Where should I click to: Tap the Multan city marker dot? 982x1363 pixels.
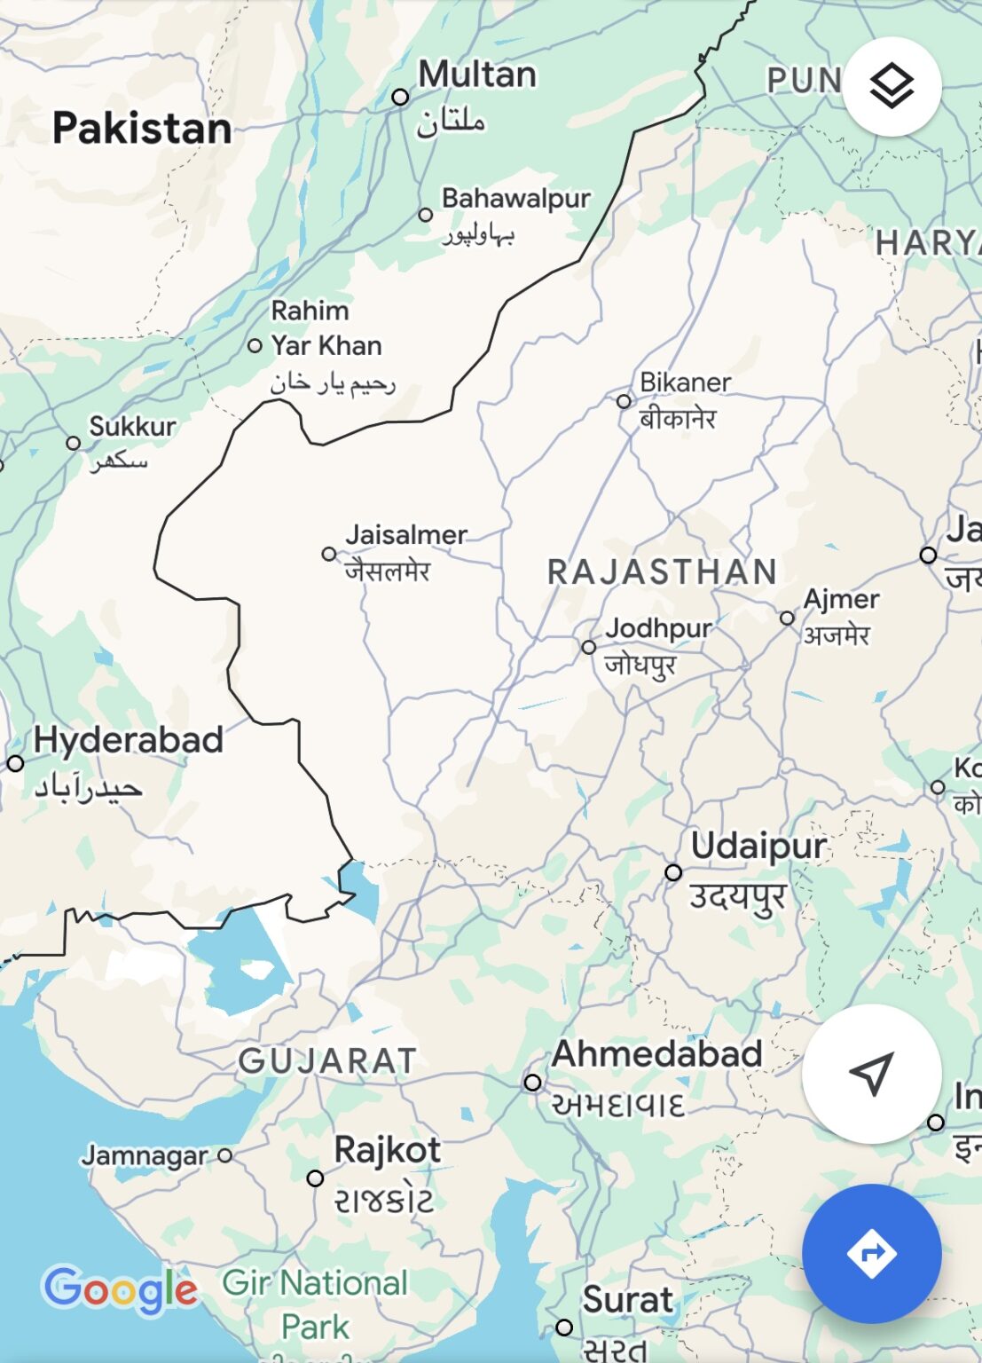pyautogui.click(x=400, y=97)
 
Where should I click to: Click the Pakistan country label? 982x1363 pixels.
pyautogui.click(x=142, y=129)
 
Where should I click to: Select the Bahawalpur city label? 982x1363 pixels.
pyautogui.click(x=515, y=198)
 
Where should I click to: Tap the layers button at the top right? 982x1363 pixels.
pyautogui.click(x=891, y=87)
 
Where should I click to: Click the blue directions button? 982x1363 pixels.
pyautogui.click(x=871, y=1253)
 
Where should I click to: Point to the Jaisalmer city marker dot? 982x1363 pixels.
pyautogui.click(x=329, y=554)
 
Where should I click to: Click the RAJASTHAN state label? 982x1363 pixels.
pyautogui.click(x=662, y=572)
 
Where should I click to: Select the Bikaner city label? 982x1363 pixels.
pyautogui.click(x=685, y=382)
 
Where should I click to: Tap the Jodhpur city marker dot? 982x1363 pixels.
pyautogui.click(x=589, y=647)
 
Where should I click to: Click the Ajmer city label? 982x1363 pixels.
pyautogui.click(x=841, y=600)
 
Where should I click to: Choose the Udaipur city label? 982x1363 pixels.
pyautogui.click(x=758, y=846)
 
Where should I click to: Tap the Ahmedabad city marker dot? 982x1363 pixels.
pyautogui.click(x=532, y=1082)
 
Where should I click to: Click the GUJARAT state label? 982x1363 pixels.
pyautogui.click(x=327, y=1061)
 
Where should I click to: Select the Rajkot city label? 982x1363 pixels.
pyautogui.click(x=387, y=1150)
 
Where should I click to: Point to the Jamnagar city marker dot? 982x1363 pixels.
pyautogui.click(x=225, y=1155)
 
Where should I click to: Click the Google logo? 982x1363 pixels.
pyautogui.click(x=121, y=1290)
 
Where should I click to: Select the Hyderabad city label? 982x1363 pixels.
pyautogui.click(x=129, y=740)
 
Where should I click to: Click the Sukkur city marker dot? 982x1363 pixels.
pyautogui.click(x=74, y=443)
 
